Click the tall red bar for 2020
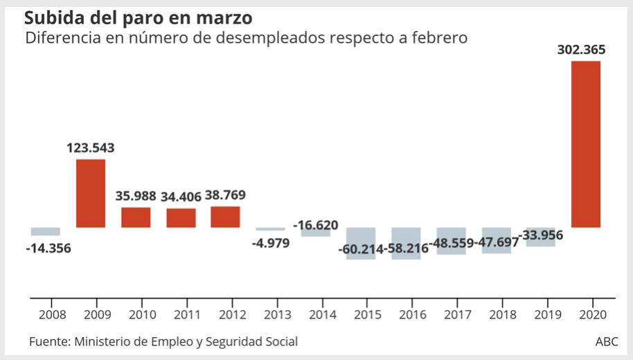coord(585,144)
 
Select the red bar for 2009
coord(91,193)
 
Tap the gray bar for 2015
coord(361,243)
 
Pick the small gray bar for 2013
coord(270,228)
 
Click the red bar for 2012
coord(225,217)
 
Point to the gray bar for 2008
coord(46,231)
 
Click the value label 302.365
coord(581,50)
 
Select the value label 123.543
coord(91,148)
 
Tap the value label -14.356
coord(48,247)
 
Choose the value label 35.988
coord(135,196)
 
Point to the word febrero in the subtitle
coord(438,38)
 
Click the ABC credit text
coord(607,342)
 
